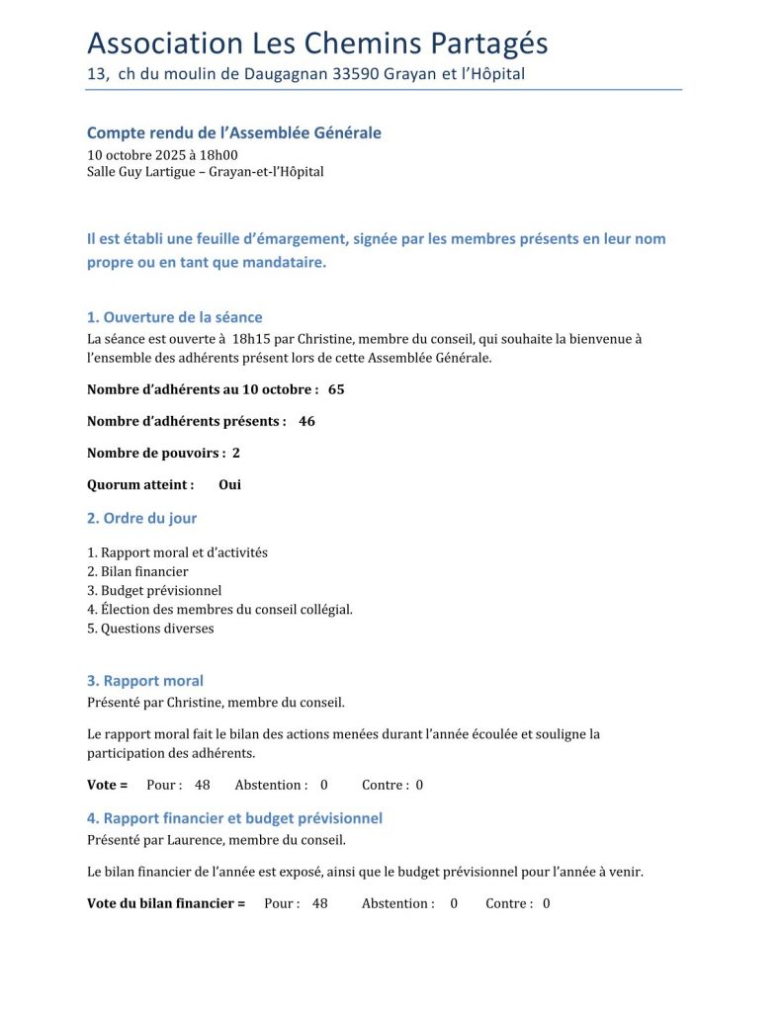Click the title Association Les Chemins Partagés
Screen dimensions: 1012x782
coord(317,43)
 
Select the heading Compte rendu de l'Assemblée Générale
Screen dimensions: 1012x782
coord(234,132)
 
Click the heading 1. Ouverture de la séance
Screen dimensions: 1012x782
coord(175,317)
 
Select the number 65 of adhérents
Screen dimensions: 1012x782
coord(336,389)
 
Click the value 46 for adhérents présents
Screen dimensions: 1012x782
coord(306,421)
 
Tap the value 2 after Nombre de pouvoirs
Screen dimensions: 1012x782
coord(236,453)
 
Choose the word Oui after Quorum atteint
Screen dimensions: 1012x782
coord(229,484)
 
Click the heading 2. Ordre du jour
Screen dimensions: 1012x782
coord(141,518)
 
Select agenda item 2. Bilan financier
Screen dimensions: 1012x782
coord(137,571)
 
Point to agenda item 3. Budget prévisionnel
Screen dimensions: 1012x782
coord(154,590)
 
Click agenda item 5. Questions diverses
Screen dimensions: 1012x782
coord(150,628)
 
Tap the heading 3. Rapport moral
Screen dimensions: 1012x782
coord(145,681)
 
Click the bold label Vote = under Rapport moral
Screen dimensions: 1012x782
coord(108,785)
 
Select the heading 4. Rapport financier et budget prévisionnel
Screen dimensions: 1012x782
coord(234,818)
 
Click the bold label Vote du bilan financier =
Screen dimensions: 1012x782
coord(166,903)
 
